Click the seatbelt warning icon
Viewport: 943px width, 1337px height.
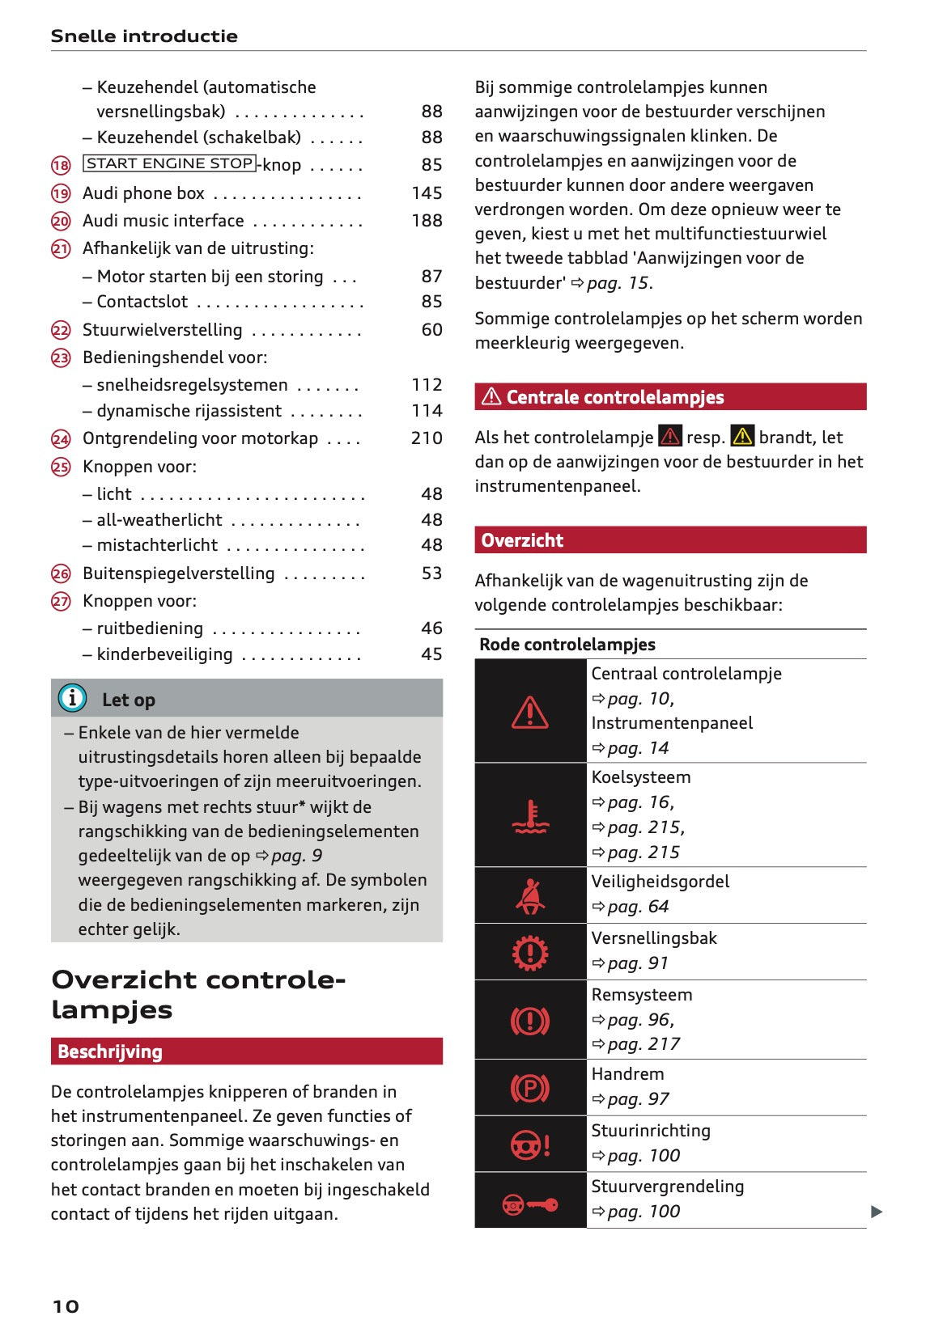pos(530,895)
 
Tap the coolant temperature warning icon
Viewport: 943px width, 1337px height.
pos(530,815)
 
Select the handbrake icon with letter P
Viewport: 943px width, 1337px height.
pos(530,1088)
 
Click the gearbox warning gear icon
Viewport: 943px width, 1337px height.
pos(530,953)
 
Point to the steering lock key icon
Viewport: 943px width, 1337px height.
pos(530,1205)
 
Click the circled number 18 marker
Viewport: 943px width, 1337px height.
pos(61,166)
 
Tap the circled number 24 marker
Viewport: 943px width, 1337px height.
pos(61,439)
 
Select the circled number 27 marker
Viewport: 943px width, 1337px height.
pos(61,601)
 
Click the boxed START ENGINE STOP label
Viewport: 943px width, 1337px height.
pos(169,163)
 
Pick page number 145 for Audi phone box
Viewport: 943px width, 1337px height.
pos(427,193)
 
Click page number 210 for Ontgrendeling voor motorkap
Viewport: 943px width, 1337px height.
pos(427,438)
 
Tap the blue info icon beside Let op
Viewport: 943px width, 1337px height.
pos(72,697)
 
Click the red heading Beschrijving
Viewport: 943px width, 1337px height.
pos(110,1051)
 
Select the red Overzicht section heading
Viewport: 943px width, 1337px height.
pos(522,540)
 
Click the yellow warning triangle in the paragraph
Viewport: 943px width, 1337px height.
pos(742,436)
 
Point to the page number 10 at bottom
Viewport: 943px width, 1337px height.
pos(66,1306)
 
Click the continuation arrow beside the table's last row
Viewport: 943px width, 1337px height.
pos(877,1212)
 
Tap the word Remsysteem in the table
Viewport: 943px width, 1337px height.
pos(642,995)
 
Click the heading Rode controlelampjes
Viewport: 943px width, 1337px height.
pos(567,645)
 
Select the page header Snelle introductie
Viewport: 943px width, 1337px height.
pos(144,36)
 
